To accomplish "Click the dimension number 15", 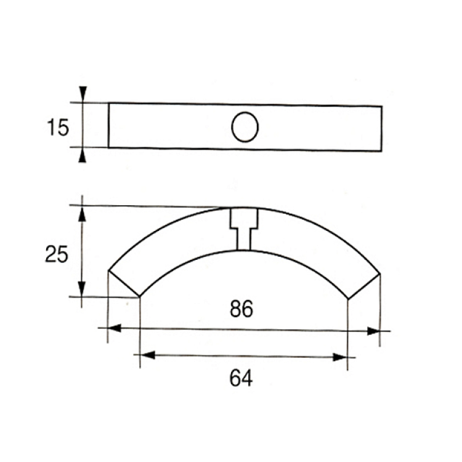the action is click(58, 128).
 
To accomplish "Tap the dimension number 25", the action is click(57, 254).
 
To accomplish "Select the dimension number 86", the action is click(241, 309).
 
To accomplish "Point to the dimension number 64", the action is click(241, 378).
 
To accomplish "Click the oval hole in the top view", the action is click(245, 127).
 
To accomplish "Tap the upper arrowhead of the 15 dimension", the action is click(83, 94).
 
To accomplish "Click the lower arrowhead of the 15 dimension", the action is click(83, 155).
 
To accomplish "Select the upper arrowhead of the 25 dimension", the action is click(82, 214).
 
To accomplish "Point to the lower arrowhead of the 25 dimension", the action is click(81, 289).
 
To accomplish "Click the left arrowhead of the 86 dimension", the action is click(115, 328).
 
